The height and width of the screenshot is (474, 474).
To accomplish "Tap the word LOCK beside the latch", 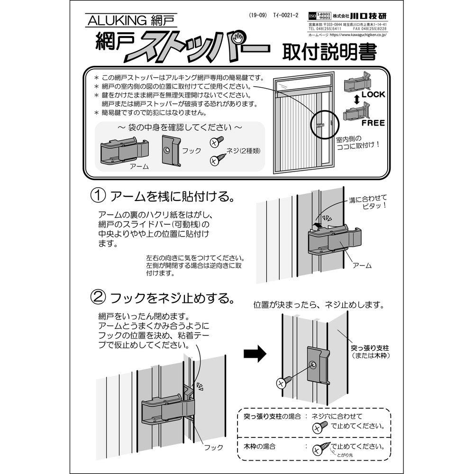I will coord(373,94).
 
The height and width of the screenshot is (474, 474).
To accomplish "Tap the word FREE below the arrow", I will coord(373,122).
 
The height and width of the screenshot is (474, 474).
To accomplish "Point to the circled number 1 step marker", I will coord(98,196).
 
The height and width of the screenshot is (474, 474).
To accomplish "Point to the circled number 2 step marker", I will coord(98,298).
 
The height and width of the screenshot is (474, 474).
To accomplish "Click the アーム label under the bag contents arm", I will coord(139,167).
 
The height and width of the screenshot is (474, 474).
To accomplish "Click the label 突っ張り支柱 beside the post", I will coord(367,348).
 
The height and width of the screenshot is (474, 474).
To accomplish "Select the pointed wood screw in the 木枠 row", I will coord(322,447).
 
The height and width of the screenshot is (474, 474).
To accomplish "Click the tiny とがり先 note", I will coord(345,456).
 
